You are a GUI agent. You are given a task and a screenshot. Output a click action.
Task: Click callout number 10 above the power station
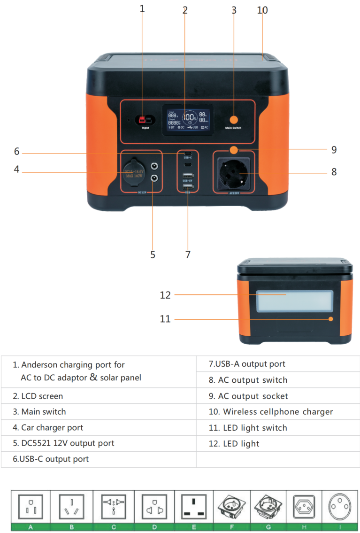pyautogui.click(x=262, y=10)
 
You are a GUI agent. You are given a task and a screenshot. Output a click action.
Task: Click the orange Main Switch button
pyautogui.click(x=233, y=119)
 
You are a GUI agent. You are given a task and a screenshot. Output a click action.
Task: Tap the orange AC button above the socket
pyautogui.click(x=233, y=150)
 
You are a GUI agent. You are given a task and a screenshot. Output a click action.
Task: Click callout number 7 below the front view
pyautogui.click(x=188, y=254)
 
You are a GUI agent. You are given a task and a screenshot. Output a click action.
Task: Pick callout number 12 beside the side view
pyautogui.click(x=165, y=295)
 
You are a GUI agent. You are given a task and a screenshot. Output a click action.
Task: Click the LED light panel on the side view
pyautogui.click(x=294, y=301)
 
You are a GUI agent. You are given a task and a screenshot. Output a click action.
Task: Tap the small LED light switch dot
pyautogui.click(x=331, y=319)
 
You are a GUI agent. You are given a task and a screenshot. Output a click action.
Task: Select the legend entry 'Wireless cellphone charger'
pyautogui.click(x=271, y=412)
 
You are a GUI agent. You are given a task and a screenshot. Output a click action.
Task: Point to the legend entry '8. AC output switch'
pyautogui.click(x=248, y=380)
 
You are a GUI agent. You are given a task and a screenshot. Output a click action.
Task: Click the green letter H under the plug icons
pyautogui.click(x=303, y=527)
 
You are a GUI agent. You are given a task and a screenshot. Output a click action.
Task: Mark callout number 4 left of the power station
pyautogui.click(x=16, y=169)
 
